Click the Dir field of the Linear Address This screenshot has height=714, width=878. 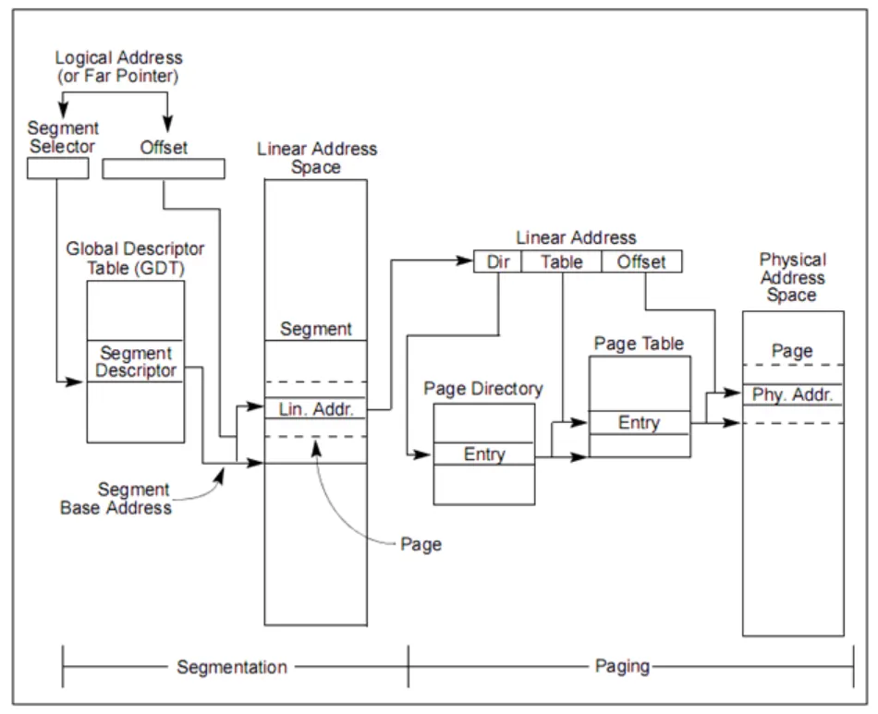point(497,261)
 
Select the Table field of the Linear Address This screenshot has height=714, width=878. point(561,261)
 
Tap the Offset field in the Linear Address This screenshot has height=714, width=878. point(641,261)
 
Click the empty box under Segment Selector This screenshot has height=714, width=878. point(57,168)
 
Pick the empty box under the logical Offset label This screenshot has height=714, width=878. point(163,168)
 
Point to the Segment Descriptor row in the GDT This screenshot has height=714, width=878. point(136,361)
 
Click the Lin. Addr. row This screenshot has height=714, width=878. point(316,408)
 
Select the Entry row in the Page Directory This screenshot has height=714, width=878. point(484,454)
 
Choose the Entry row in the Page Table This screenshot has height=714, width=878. point(640,422)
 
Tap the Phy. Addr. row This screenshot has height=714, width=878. point(793,395)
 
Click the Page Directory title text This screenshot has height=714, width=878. point(483,389)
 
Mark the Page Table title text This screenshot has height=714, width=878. point(640,343)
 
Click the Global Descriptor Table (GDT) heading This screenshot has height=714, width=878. point(135,258)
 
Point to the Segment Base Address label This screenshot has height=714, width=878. point(116,498)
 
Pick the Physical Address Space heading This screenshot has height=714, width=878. point(792,277)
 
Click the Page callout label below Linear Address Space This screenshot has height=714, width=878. point(421,543)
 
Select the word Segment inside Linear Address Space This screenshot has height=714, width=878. point(316,328)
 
